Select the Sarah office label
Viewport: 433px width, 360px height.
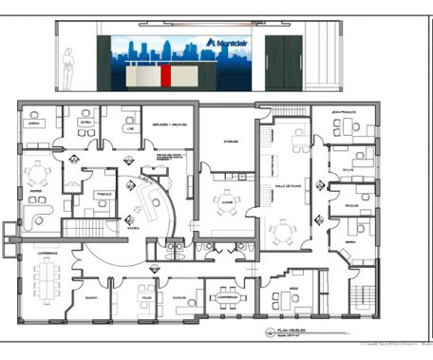33,123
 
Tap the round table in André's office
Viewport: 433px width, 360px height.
39,172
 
